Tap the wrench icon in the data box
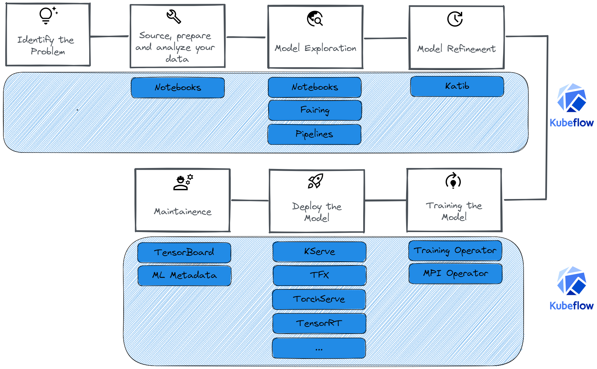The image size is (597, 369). (174, 17)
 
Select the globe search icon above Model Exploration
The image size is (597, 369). (315, 18)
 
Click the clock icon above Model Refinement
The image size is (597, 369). (455, 19)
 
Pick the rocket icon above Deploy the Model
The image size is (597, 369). (316, 181)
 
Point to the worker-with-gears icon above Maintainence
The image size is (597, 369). (183, 182)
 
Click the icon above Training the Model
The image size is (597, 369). (453, 181)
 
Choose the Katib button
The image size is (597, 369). (457, 86)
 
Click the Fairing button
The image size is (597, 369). (315, 110)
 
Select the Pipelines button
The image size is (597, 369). (314, 134)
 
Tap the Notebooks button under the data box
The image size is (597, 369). (178, 88)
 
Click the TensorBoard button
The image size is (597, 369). (184, 253)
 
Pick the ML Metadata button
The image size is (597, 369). (184, 276)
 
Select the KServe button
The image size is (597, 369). (319, 252)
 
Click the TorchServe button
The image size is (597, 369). (319, 300)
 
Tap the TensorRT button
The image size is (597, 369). (319, 323)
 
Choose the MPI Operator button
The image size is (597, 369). (455, 274)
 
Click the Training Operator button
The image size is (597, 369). (455, 251)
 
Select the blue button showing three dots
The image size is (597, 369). (319, 348)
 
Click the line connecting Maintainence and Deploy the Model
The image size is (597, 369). (250, 200)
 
